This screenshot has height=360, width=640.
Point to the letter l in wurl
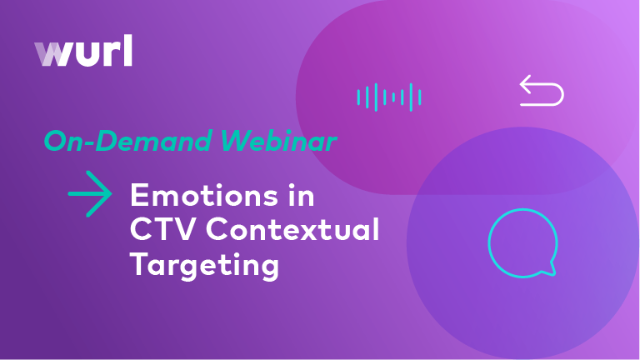coord(127,51)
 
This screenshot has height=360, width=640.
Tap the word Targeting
coord(203,265)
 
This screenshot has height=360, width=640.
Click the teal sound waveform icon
coord(389,97)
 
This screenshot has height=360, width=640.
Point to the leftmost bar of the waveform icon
coord(358,97)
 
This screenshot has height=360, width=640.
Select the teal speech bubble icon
coord(522,242)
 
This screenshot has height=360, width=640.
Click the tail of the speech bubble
coord(549,269)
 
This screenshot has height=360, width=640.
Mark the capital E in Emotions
coord(138,197)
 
